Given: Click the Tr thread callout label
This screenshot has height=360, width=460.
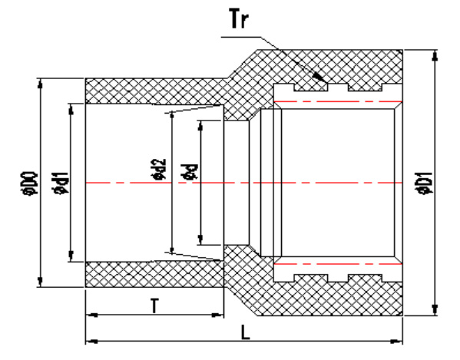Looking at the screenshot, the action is [240, 18].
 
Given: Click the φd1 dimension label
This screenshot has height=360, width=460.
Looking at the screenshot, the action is [61, 183].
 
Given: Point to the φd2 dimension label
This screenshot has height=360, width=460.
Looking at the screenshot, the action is [159, 169].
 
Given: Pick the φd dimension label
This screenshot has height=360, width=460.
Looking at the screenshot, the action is [190, 172].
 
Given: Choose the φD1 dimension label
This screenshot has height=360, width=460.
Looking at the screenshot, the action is [425, 183].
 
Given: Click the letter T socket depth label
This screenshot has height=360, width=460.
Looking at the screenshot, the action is [154, 306].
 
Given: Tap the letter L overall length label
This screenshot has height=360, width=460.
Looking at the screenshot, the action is [245, 332].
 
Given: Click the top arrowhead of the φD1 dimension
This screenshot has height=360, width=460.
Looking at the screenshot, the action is [435, 56].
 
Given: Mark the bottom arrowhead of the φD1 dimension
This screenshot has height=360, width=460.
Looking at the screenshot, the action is [435, 310].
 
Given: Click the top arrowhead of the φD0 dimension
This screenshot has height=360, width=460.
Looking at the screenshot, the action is [41, 84].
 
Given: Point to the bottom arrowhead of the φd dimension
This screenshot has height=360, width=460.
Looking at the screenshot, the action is [200, 239].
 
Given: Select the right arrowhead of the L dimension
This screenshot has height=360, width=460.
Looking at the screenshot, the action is [396, 342].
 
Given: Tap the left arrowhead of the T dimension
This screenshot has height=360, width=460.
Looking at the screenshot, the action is [92, 315].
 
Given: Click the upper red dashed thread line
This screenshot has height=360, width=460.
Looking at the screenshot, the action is [338, 101].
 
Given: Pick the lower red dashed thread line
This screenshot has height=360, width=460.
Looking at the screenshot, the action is [338, 264].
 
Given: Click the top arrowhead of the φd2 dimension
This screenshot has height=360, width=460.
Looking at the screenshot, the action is [172, 117].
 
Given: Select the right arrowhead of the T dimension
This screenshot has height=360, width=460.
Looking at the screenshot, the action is [217, 315].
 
